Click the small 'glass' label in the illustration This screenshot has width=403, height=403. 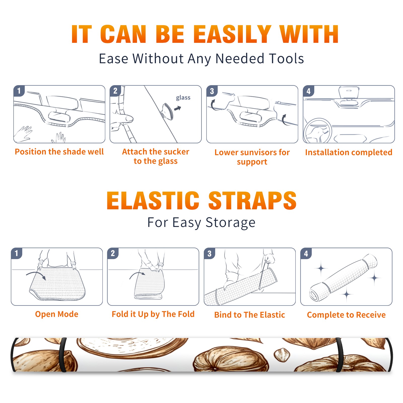(183, 98)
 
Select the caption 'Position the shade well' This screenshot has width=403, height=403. (59, 152)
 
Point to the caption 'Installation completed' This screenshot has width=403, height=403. (349, 152)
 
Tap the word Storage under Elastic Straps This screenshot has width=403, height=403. (230, 223)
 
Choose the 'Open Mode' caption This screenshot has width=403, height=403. (57, 314)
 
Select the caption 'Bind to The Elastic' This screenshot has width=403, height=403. (250, 315)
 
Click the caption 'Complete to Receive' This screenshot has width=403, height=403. (346, 315)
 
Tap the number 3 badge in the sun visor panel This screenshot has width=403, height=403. (212, 91)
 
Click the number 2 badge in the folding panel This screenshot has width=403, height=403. (113, 253)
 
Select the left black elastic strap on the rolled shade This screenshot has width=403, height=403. (63, 355)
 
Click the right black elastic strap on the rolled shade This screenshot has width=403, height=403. (339, 355)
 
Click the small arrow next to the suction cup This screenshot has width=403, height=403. (178, 108)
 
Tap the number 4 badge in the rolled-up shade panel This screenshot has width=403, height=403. (306, 253)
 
